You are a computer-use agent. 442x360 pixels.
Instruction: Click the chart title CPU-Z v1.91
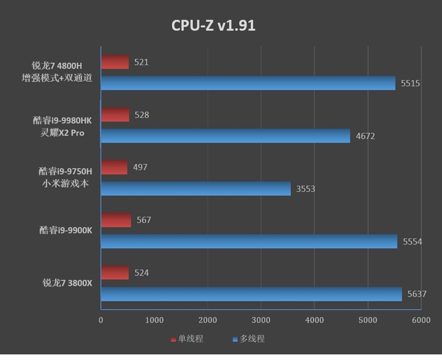tap(213, 25)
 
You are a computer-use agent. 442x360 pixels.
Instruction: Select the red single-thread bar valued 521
tap(115, 62)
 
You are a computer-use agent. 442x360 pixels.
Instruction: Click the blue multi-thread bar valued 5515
tap(248, 84)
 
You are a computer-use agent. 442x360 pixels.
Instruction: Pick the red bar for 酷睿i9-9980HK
tap(115, 115)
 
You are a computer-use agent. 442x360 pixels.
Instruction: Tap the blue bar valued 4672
tap(225, 136)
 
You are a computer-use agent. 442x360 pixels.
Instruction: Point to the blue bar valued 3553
tap(196, 189)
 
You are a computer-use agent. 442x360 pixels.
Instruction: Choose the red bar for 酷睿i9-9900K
tap(116, 220)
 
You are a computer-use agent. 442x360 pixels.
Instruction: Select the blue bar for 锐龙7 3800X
tap(251, 294)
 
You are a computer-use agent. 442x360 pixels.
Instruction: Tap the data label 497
tap(140, 167)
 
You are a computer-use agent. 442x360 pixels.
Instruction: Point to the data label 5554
tap(412, 242)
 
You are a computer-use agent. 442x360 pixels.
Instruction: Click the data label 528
tap(142, 115)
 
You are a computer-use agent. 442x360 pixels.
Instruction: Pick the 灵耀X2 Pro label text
tap(62, 133)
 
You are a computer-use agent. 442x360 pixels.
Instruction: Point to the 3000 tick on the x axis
tap(260, 320)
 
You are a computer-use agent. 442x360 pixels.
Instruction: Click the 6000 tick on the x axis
tap(420, 320)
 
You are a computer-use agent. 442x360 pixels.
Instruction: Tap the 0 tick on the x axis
tap(101, 320)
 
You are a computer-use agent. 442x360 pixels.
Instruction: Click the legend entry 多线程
tap(252, 339)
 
